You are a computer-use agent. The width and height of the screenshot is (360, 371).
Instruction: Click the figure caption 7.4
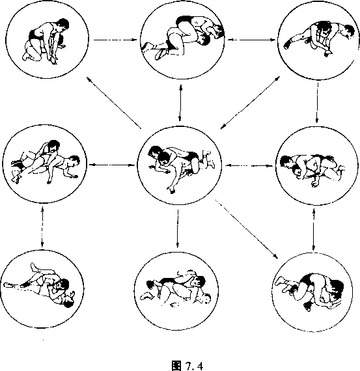pos(187,365)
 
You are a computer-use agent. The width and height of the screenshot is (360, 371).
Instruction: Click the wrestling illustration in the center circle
pos(182,169)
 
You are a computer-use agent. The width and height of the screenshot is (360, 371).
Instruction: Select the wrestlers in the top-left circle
pos(46,42)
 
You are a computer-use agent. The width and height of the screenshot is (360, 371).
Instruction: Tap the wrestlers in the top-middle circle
pos(183,37)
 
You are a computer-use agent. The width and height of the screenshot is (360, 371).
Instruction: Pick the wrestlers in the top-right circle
pos(319,38)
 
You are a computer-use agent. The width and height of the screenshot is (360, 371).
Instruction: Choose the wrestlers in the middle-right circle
pos(312,171)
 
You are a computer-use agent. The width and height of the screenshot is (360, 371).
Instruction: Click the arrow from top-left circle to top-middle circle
pos(115,40)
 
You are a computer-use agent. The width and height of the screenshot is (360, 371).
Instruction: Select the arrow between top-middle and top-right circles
pos(251,40)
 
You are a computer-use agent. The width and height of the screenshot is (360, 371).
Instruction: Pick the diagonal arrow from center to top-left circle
pos(114,103)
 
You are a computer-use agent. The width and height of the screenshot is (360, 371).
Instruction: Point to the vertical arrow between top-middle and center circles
pos(180,103)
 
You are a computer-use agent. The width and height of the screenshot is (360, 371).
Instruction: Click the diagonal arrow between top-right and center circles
pos(250,103)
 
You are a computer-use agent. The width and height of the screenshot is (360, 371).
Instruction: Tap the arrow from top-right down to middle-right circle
pos(318,103)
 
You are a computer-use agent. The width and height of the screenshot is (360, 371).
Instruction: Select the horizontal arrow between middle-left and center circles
pos(112,165)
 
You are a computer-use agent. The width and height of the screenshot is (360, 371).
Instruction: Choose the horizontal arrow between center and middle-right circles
pos(249,165)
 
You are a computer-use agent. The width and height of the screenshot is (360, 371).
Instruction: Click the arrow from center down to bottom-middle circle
pos(178,228)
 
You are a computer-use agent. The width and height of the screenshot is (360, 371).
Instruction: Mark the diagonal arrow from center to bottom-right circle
pos(246,229)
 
